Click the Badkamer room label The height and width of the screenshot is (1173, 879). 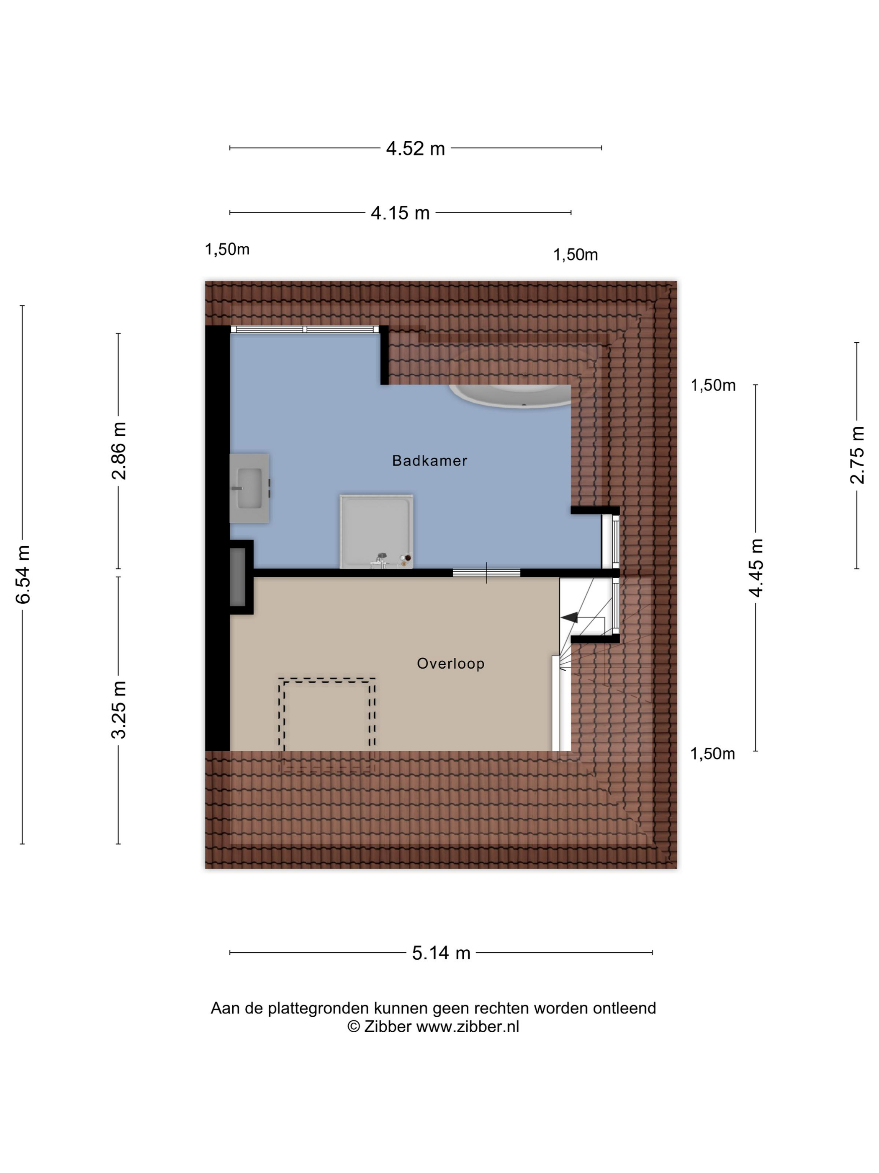click(x=429, y=460)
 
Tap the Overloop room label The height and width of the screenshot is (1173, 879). click(x=450, y=664)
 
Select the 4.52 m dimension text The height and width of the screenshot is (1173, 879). click(x=415, y=148)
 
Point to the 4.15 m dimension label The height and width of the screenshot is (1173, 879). click(x=400, y=213)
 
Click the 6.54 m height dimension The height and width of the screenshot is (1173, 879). click(x=24, y=574)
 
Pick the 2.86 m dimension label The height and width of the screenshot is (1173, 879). click(x=119, y=451)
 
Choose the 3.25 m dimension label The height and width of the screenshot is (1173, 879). click(x=119, y=710)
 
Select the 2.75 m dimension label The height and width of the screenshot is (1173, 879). click(x=857, y=455)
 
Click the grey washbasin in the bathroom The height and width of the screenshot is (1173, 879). click(x=249, y=488)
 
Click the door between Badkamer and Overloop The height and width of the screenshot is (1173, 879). click(x=486, y=573)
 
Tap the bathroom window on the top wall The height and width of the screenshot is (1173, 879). click(x=305, y=329)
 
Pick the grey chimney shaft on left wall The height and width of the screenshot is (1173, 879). click(x=238, y=577)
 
